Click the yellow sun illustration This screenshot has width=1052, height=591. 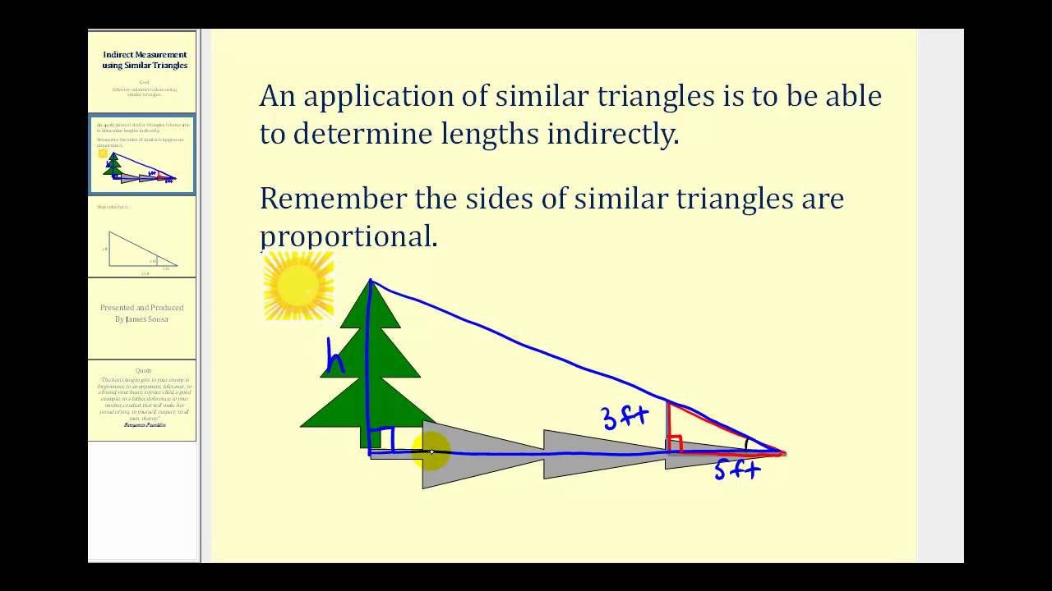point(298,285)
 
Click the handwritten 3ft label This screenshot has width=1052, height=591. point(625,417)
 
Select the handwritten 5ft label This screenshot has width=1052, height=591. point(736,470)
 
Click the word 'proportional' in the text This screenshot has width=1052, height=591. point(348,237)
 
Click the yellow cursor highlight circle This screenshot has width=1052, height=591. point(431,452)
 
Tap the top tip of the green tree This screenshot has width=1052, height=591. point(371,282)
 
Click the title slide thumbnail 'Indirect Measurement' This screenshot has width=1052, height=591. point(143,72)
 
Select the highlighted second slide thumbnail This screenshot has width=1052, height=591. point(143,154)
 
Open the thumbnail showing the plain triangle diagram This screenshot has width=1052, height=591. point(143,236)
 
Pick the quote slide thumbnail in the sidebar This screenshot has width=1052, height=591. point(143,400)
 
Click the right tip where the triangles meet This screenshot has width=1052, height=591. point(784,452)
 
